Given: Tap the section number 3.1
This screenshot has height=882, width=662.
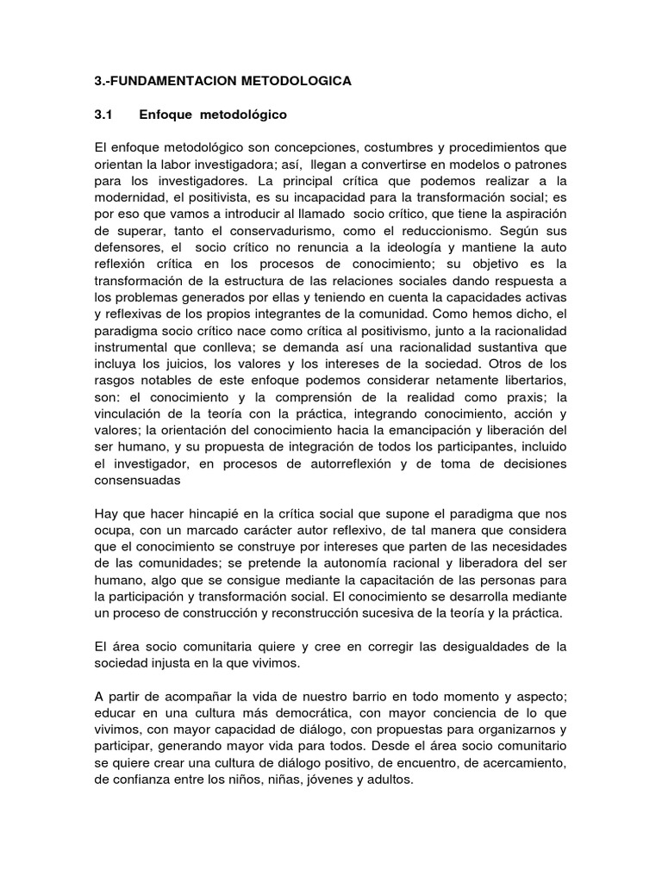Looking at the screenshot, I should coord(103,114).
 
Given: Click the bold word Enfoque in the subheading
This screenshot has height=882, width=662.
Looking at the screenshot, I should coord(165,114).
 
